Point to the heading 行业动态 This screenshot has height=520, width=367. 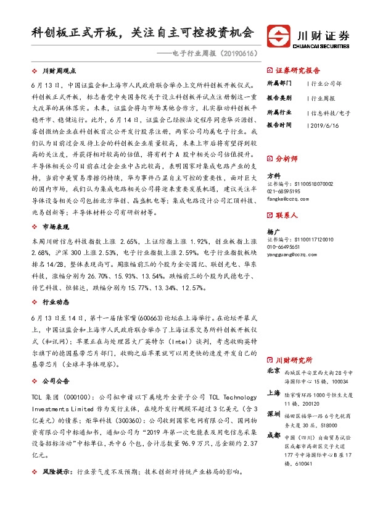pos(54,304)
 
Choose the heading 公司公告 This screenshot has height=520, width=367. pos(54,381)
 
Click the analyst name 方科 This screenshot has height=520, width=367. pos(272,176)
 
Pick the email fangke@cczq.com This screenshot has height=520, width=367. pos(287,199)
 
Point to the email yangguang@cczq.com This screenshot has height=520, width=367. pos(292,254)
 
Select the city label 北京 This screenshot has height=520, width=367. pos(274,372)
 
